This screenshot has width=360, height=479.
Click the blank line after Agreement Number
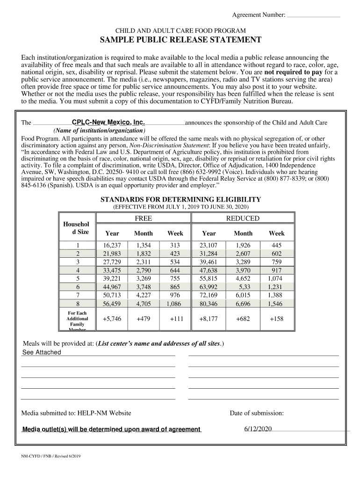[313, 16]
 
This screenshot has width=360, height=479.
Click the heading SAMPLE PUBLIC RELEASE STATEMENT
[180, 40]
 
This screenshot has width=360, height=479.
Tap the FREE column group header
[144, 218]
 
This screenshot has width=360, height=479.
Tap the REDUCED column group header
[243, 218]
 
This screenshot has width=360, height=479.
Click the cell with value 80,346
[209, 304]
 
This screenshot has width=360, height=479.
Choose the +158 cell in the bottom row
[276, 319]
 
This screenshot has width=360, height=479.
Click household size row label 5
[78, 278]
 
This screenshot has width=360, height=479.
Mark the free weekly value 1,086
[174, 304]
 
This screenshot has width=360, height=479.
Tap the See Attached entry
[42, 352]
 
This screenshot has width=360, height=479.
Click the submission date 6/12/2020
[258, 429]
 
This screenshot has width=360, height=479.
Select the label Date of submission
[256, 413]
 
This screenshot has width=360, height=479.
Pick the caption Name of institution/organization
[99, 130]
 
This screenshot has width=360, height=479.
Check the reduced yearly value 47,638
[209, 270]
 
